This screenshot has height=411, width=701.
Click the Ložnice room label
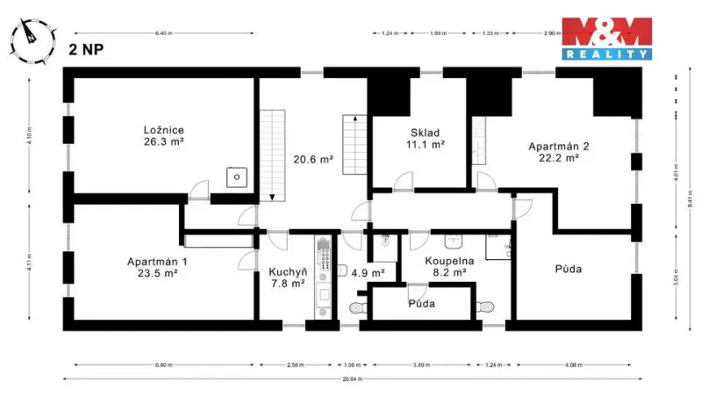tap(164, 130)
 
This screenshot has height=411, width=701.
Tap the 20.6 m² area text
tap(312, 160)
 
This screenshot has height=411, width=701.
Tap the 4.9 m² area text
tap(368, 273)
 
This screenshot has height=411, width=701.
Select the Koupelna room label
tap(450, 262)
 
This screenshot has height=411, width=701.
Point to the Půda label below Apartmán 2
tap(569, 268)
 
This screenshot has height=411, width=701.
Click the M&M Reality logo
tap(607, 39)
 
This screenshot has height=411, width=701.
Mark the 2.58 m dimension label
tap(295, 364)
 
